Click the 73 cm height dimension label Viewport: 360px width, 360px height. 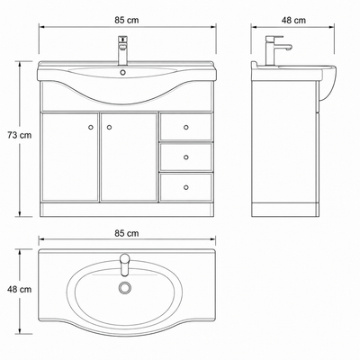pyautogui.click(x=20, y=135)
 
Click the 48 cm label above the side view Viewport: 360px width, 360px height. pyautogui.click(x=293, y=20)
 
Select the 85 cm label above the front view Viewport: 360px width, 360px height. pyautogui.click(x=127, y=20)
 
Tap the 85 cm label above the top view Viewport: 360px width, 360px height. pyautogui.click(x=127, y=233)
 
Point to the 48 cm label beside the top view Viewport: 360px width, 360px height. pyautogui.click(x=20, y=290)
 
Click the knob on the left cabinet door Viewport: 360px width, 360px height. pyautogui.click(x=91, y=127)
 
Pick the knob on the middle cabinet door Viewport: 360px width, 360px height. pyautogui.click(x=109, y=127)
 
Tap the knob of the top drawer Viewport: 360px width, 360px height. pyautogui.click(x=186, y=127)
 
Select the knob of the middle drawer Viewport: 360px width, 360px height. pyautogui.click(x=186, y=157)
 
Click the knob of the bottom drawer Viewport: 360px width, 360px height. pyautogui.click(x=186, y=187)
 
